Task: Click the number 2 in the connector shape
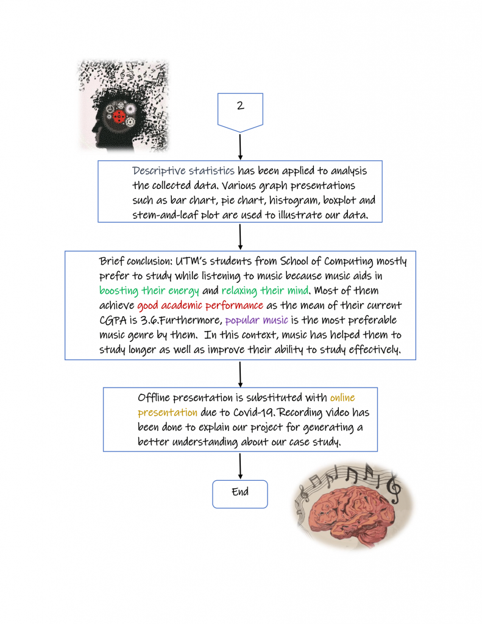point(240,105)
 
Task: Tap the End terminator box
point(240,493)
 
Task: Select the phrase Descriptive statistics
point(183,171)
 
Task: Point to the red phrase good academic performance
point(200,305)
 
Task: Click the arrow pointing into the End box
point(241,466)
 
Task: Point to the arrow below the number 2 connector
point(241,146)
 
